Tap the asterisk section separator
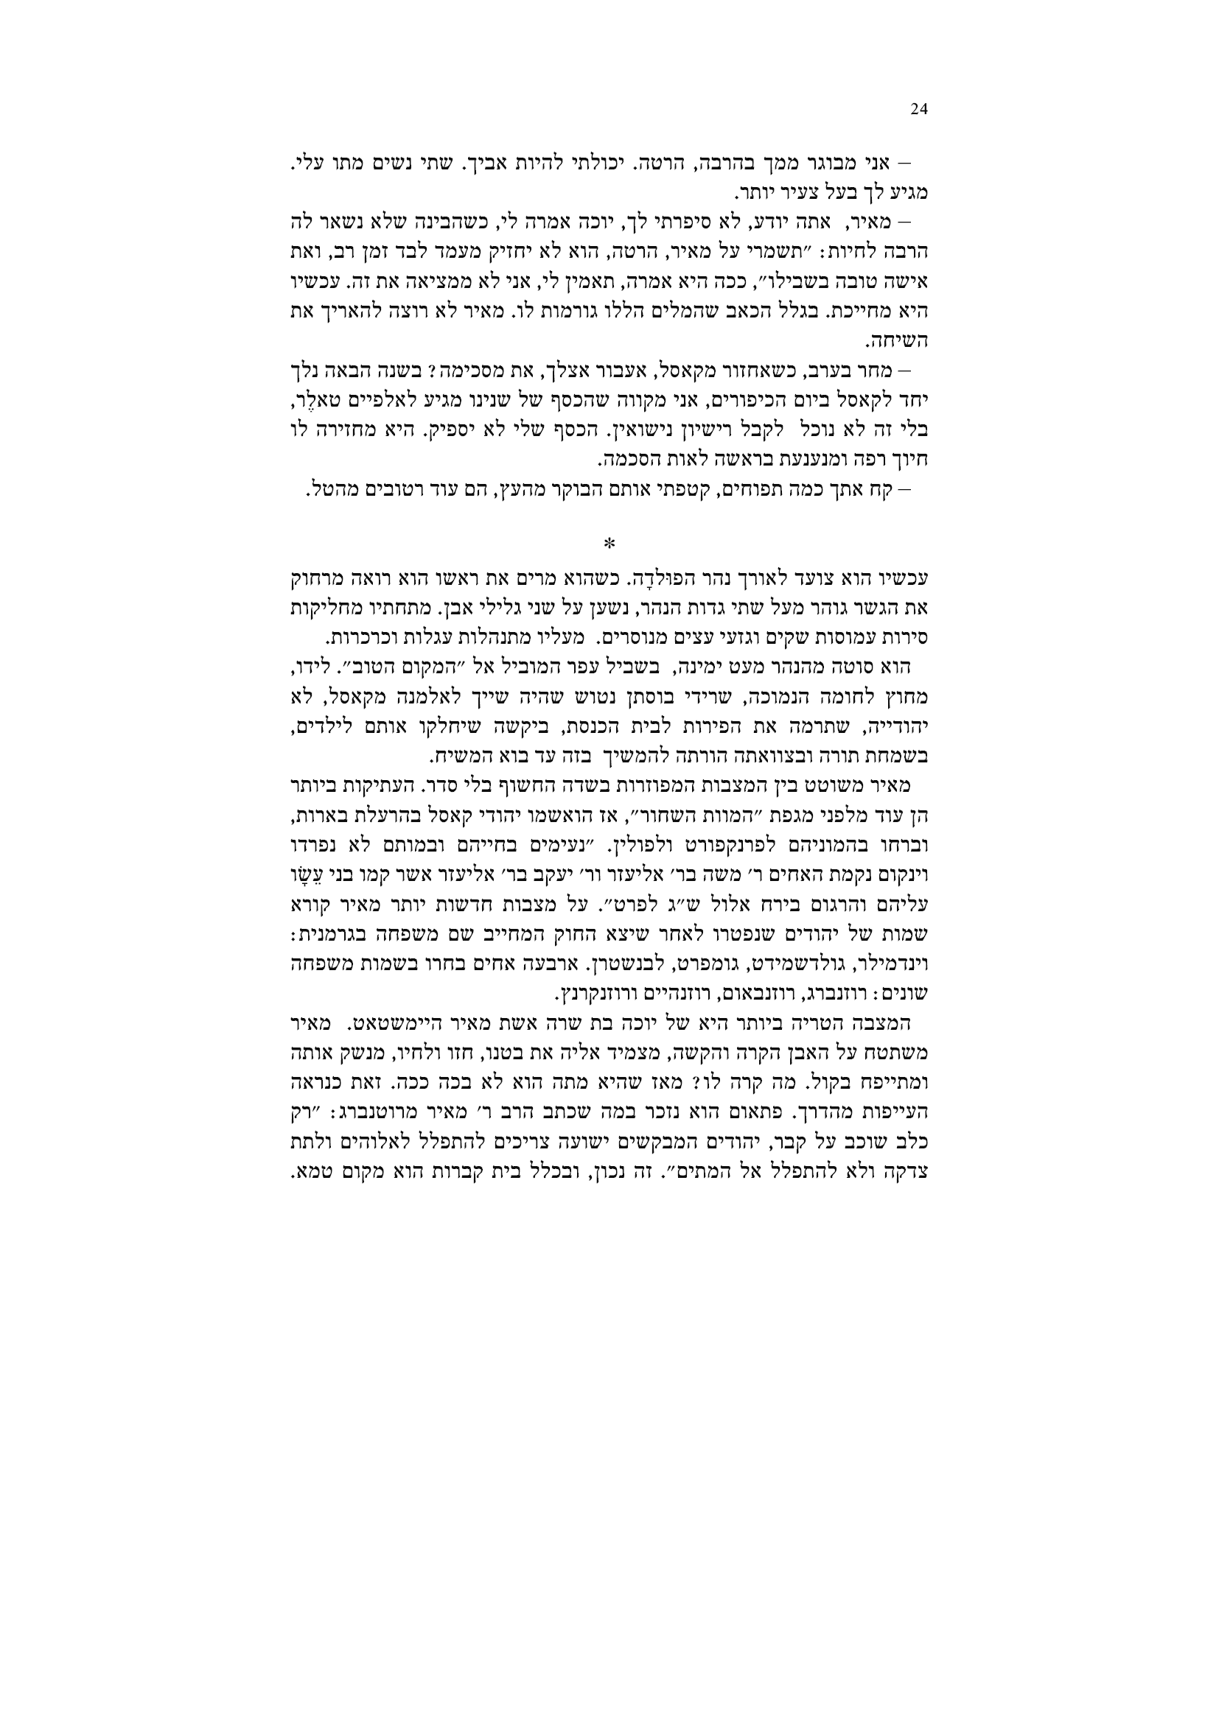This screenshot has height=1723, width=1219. point(609,543)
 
